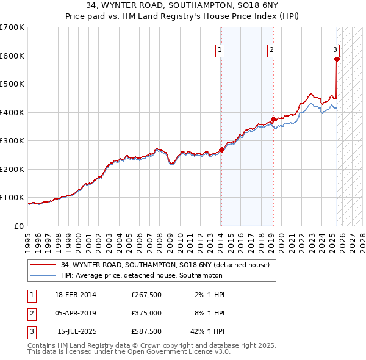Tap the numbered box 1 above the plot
coord(219,51)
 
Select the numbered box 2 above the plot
coord(271,51)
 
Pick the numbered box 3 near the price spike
coord(335,51)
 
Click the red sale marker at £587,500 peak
coord(337,59)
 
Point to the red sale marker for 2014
coord(221,149)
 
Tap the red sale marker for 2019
coord(273,119)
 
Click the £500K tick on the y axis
coord(12,84)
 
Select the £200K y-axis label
coord(12,169)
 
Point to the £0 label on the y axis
coord(19,226)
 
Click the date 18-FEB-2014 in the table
coord(76,295)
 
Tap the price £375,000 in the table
coord(146,314)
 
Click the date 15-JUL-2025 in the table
coord(77,332)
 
